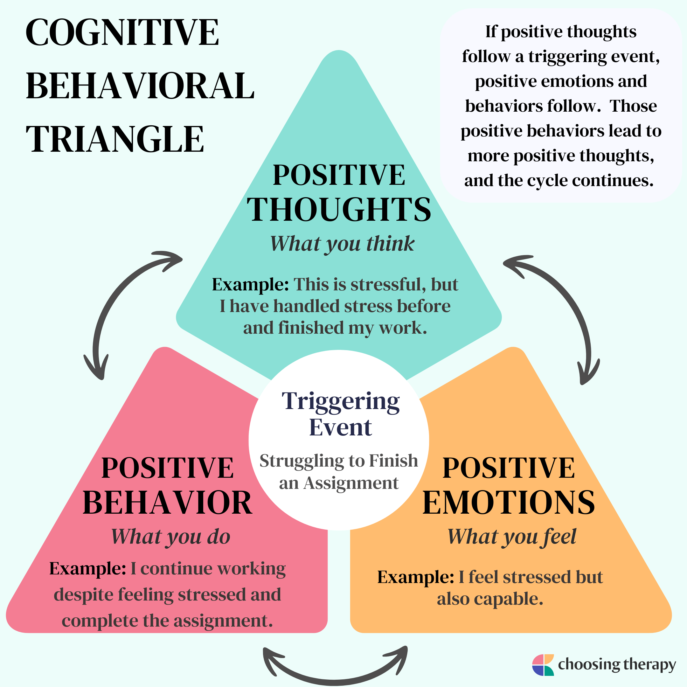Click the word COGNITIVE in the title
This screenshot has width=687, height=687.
coord(122,32)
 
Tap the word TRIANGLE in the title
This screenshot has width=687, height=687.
coord(115,139)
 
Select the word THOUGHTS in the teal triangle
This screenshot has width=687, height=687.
coord(339,210)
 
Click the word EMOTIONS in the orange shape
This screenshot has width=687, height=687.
coord(509,503)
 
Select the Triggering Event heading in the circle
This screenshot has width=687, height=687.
coord(340,414)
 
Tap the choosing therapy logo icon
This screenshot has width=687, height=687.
coord(543,665)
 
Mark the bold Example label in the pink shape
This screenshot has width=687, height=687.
coord(88,569)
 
